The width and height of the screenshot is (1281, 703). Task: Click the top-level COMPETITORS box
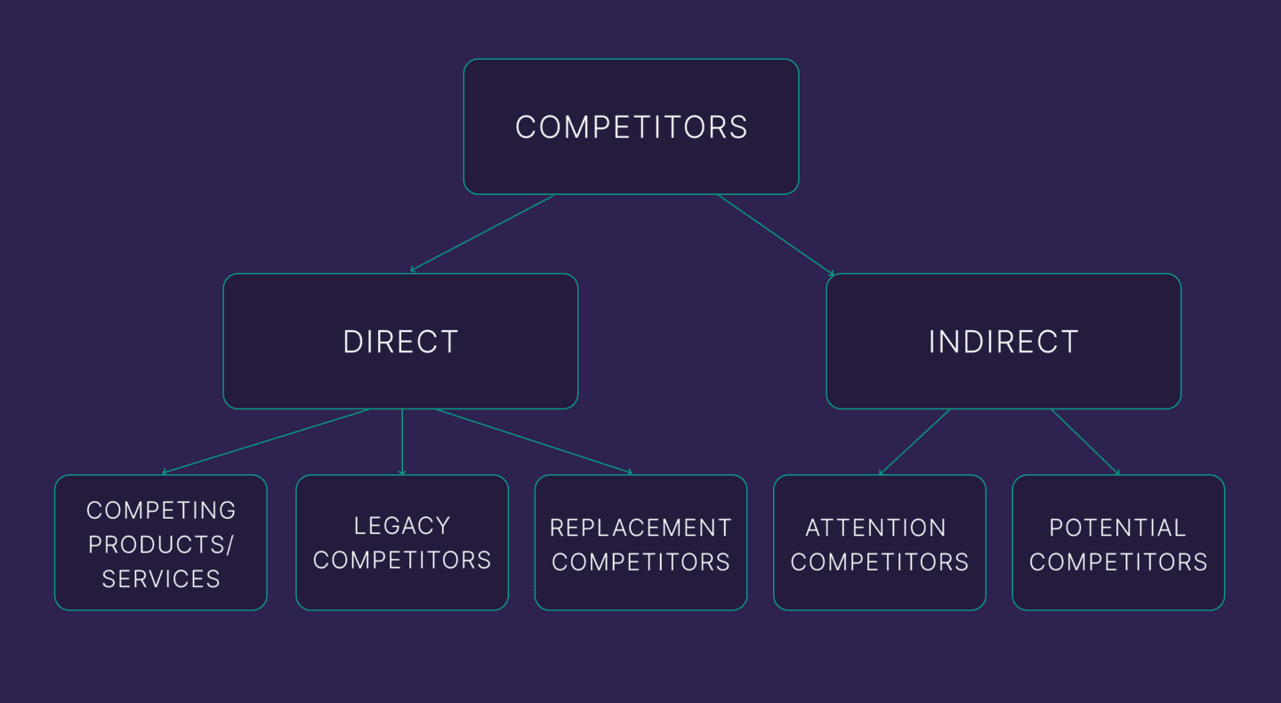pos(631,126)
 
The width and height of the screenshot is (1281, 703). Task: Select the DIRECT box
pos(400,341)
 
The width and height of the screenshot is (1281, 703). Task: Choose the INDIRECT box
pos(1003,341)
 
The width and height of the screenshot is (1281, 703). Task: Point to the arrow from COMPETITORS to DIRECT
pos(482,233)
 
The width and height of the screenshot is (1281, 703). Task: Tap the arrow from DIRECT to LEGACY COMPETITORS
pos(402,441)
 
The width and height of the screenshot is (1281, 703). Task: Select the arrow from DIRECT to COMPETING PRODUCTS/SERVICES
pos(267,440)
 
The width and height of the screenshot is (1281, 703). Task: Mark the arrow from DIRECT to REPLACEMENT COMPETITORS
pos(534,440)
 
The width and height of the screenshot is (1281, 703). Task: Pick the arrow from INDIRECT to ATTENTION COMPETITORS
pos(914,441)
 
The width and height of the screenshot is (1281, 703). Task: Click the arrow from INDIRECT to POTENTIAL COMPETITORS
pos(1084,441)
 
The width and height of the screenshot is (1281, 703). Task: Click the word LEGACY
pos(401,526)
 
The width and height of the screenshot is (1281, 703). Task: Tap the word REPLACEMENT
pos(640,528)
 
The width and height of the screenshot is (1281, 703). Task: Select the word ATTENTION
pos(875,528)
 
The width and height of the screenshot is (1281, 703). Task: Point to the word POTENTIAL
pos(1117,528)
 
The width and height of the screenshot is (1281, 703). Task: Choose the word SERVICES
pos(161,578)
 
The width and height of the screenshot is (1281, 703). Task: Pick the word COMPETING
pos(161,510)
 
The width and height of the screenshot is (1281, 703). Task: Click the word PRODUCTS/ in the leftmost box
pos(161,545)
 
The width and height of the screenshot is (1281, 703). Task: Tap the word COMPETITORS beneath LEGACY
pos(401,560)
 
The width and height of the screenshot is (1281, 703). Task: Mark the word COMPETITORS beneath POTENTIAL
pos(1117,562)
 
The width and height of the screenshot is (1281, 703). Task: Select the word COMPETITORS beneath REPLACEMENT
pos(640,562)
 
